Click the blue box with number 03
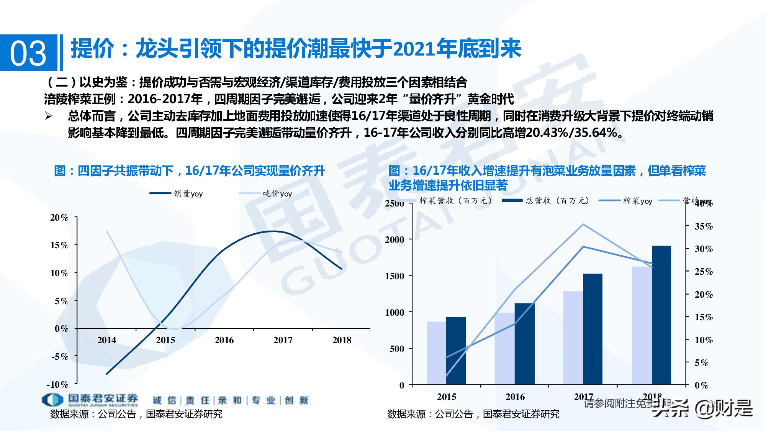(x=28, y=53)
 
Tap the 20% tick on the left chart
(x=59, y=218)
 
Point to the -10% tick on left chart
(x=57, y=384)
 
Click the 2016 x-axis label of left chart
(x=224, y=340)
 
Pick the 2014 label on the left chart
(x=106, y=340)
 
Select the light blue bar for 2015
(x=436, y=352)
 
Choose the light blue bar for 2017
(x=573, y=338)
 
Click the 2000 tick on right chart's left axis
(x=394, y=239)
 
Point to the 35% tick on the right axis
(x=704, y=226)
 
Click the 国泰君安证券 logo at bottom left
(x=90, y=400)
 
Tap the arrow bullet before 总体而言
(x=49, y=116)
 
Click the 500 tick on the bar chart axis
(x=397, y=349)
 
